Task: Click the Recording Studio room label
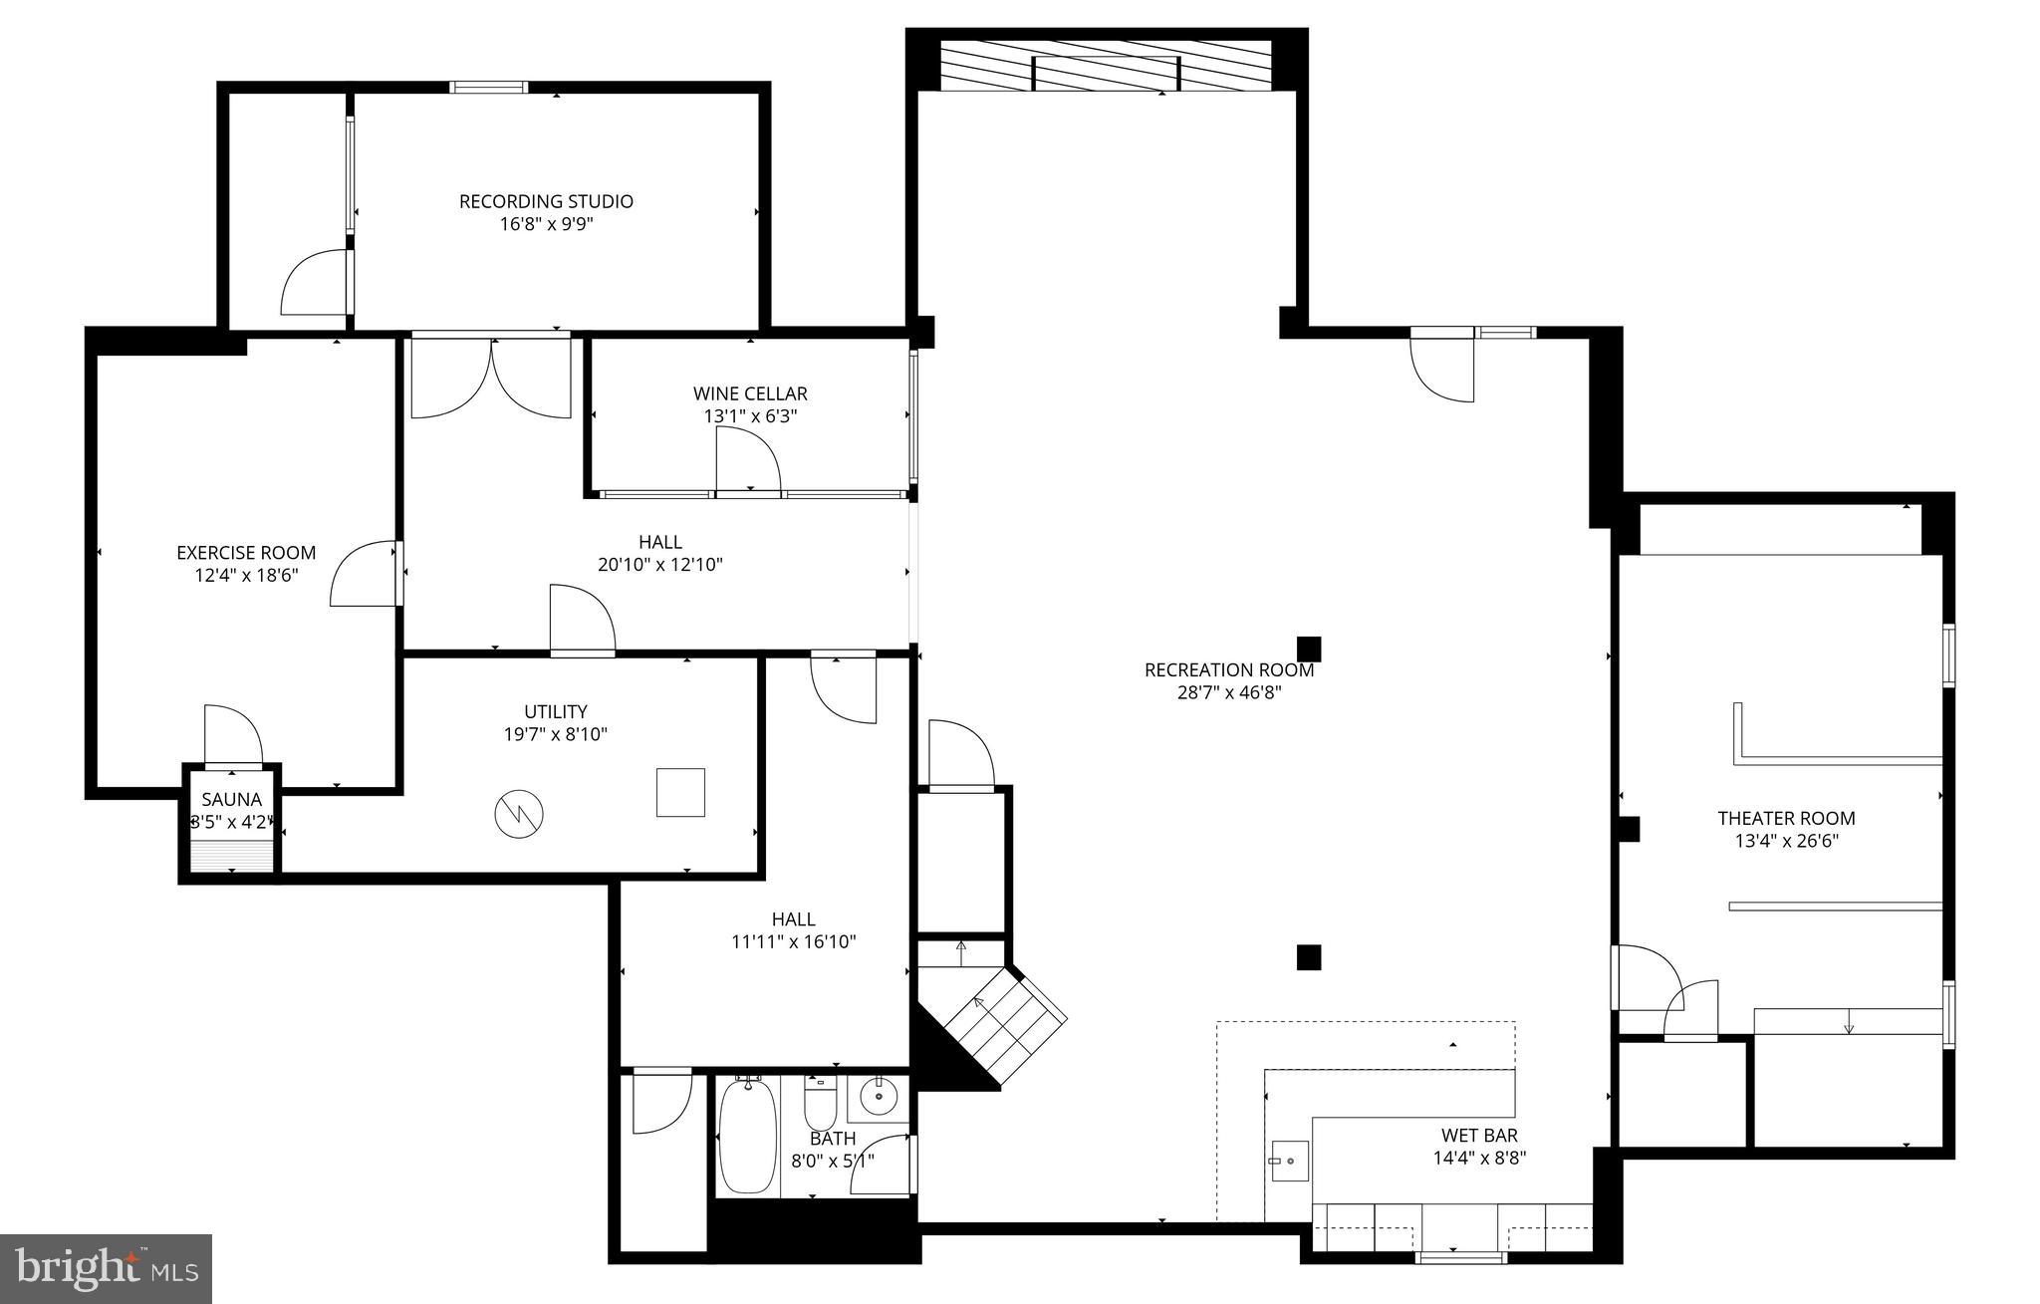click(546, 201)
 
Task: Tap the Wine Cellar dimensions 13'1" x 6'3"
click(750, 416)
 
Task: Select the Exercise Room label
click(246, 553)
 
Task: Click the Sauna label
click(231, 800)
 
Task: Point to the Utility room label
click(555, 711)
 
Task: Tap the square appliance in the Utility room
click(680, 792)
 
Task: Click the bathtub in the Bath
click(747, 1137)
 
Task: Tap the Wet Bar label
click(1479, 1136)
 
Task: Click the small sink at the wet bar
click(1288, 1161)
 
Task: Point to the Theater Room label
click(1786, 818)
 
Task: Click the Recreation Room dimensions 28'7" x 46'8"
click(1229, 692)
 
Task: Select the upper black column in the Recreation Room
click(1309, 650)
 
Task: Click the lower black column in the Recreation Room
click(1308, 957)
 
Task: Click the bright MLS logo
click(106, 1268)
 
